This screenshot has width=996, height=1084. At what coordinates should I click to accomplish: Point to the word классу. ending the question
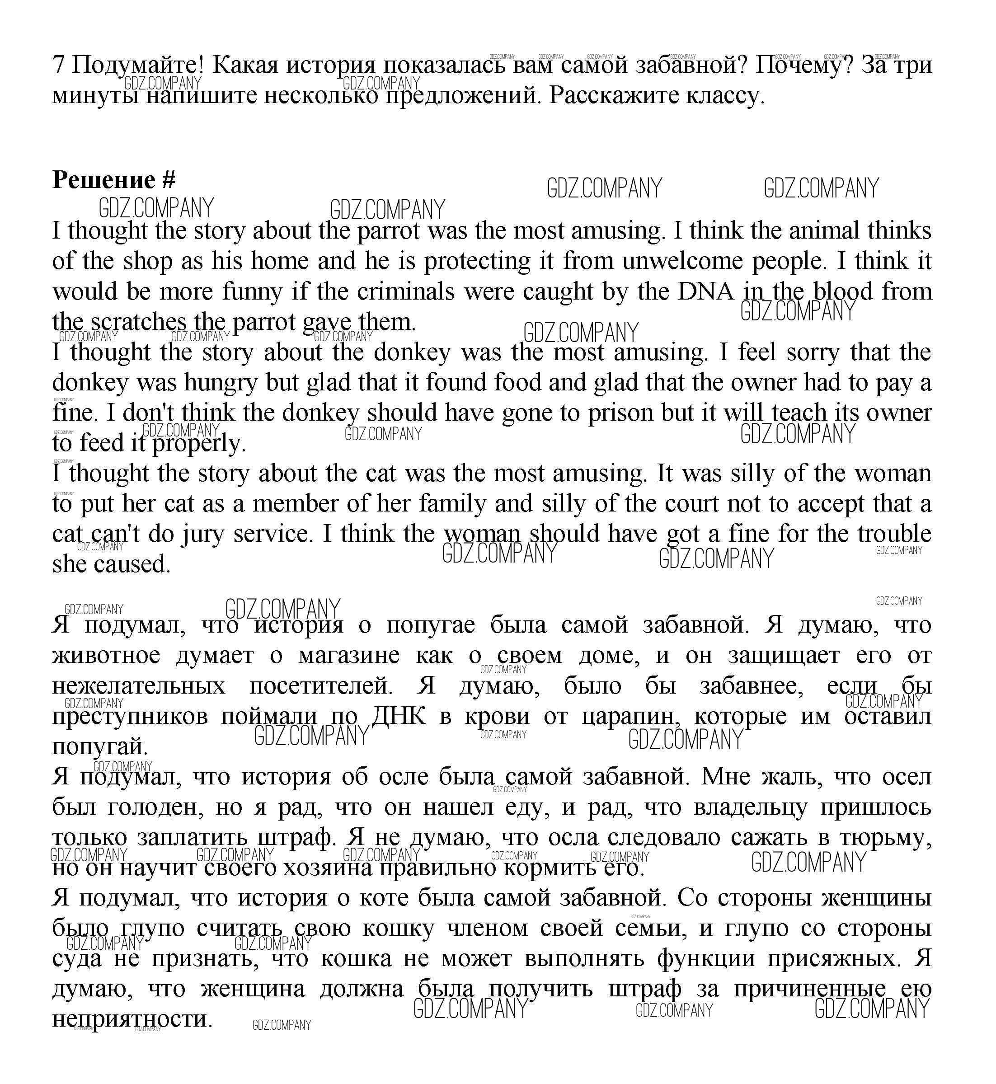tap(725, 96)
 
